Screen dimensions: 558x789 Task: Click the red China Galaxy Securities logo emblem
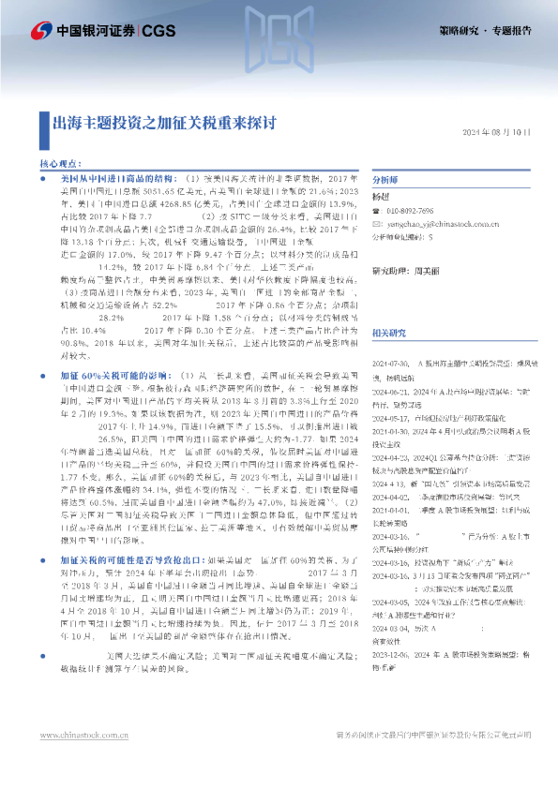click(x=40, y=30)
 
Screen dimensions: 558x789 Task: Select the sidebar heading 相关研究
click(x=390, y=334)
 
